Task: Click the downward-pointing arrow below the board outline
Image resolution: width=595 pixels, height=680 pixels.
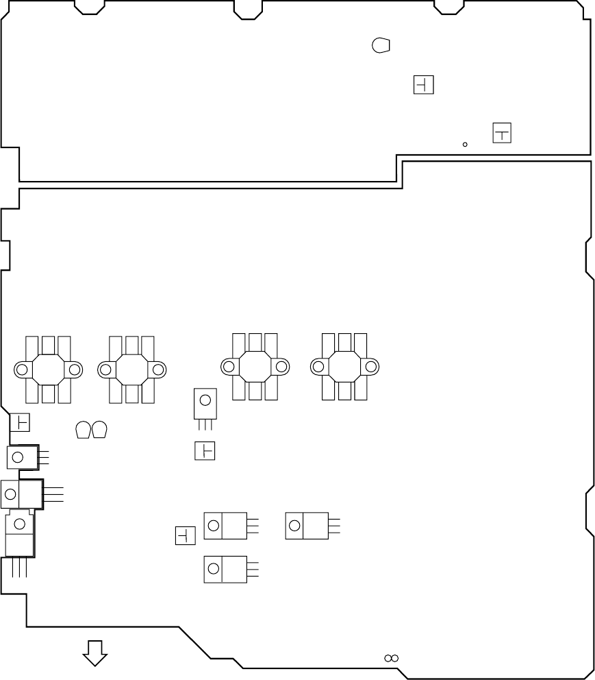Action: tap(95, 653)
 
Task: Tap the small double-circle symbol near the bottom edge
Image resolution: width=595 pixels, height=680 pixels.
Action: tap(391, 658)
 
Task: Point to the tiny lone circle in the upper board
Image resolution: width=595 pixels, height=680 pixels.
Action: tap(465, 144)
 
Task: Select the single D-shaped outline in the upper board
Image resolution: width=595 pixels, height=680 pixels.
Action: tap(381, 45)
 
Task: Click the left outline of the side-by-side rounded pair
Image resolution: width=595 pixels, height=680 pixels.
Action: tap(83, 430)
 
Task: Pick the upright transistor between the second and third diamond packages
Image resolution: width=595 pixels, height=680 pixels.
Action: tap(205, 403)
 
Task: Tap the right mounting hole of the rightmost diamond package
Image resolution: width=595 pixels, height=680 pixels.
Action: tap(371, 367)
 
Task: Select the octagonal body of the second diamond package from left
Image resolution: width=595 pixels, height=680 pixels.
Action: tap(131, 369)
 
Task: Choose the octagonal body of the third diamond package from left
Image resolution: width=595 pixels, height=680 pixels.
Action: tap(255, 367)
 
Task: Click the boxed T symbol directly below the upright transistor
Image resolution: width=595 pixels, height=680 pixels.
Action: tap(205, 451)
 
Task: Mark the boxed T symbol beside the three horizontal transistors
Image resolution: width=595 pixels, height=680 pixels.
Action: tap(186, 535)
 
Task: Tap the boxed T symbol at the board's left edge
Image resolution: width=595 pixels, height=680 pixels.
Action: tap(20, 422)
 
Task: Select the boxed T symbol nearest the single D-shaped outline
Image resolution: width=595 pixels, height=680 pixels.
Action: tap(424, 85)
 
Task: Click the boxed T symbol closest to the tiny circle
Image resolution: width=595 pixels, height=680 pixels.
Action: tap(502, 133)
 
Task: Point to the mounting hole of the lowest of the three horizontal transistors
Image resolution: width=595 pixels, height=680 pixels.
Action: tap(214, 568)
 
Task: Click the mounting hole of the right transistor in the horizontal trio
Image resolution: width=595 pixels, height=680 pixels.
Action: tap(295, 526)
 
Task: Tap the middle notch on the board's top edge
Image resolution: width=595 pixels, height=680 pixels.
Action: tap(248, 10)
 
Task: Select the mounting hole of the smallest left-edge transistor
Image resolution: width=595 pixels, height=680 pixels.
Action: tap(18, 456)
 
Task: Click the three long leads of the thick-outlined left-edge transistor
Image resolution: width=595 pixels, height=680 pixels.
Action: tap(53, 493)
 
